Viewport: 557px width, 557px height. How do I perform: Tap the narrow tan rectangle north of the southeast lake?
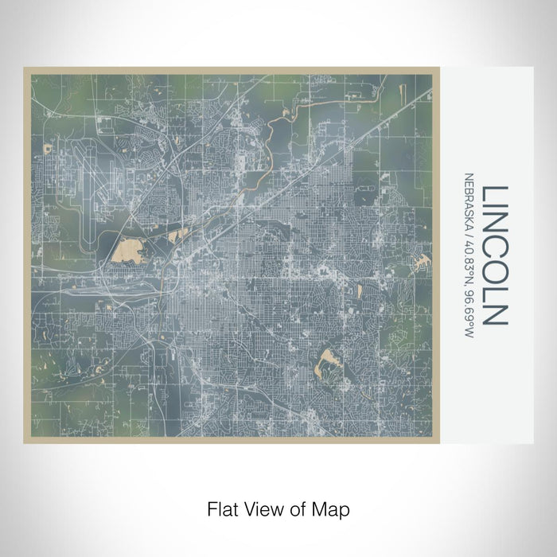(x=360, y=291)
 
